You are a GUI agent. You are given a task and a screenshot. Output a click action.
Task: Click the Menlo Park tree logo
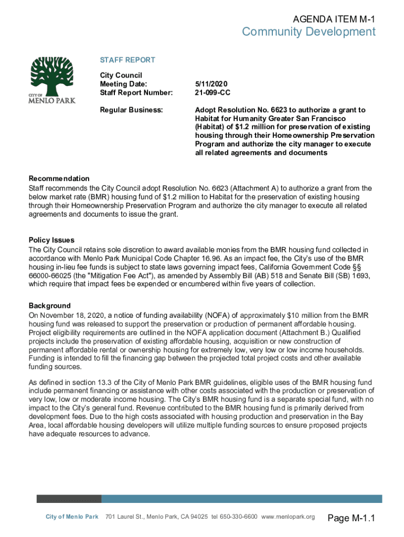tap(53, 79)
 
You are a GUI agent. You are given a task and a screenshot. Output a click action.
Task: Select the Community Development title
tap(309, 33)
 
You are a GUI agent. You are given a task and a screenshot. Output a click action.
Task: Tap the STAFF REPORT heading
tap(127, 60)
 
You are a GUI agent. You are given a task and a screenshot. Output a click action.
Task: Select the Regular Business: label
tap(131, 110)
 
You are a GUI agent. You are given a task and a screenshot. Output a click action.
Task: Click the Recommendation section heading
tap(59, 178)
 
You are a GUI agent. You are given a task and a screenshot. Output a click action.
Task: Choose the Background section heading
tap(49, 306)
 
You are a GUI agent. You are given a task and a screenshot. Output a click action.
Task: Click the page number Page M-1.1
tap(352, 519)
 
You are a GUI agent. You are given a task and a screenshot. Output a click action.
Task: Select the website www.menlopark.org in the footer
tap(288, 517)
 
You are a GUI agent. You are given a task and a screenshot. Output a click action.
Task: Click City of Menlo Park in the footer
tap(72, 517)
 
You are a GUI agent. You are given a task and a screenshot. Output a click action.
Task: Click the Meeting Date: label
tap(123, 84)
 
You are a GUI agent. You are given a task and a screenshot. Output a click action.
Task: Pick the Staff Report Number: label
tap(136, 93)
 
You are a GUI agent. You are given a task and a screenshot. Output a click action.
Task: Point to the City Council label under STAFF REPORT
tap(121, 76)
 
